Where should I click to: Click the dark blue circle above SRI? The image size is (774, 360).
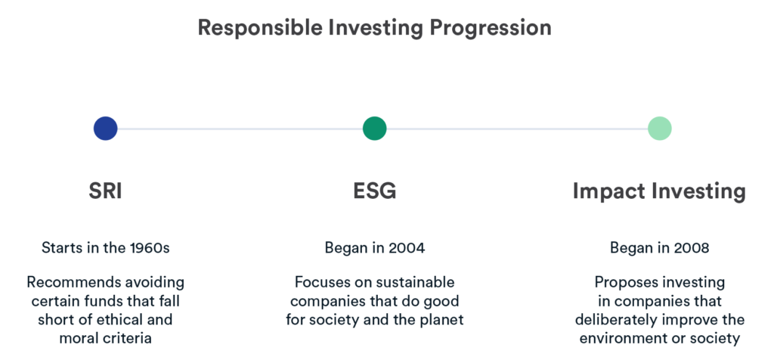106,129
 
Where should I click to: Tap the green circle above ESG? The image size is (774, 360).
375,129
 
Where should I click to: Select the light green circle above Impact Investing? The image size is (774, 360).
659,129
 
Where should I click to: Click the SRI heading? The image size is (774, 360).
105,191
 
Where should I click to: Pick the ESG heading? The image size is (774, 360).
375,191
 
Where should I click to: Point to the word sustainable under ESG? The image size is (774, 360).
415,282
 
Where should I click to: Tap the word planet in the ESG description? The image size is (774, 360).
444,319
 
